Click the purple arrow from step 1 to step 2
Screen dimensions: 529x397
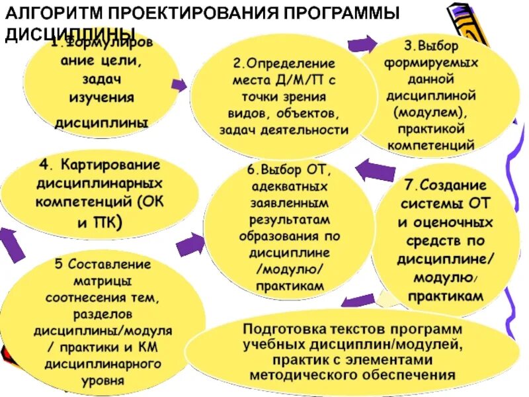tap(179, 85)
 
